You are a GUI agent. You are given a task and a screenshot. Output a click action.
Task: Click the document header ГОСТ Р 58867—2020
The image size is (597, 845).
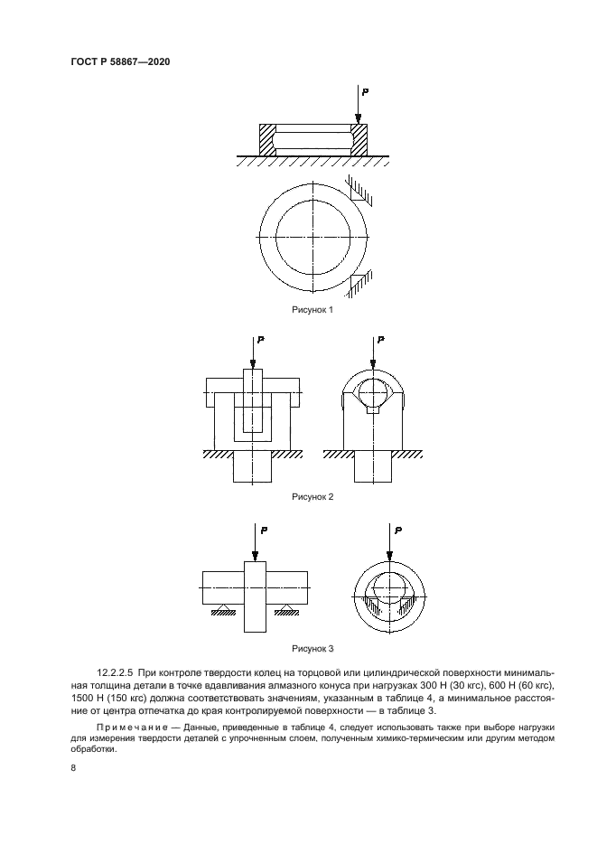[119, 61]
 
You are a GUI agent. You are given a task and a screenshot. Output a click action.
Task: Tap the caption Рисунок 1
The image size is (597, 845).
[312, 310]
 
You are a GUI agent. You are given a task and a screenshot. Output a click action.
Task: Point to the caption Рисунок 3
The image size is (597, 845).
[312, 648]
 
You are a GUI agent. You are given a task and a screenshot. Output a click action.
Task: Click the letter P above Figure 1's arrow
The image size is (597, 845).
[363, 92]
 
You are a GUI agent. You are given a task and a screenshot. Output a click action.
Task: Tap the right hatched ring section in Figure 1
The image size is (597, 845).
[359, 139]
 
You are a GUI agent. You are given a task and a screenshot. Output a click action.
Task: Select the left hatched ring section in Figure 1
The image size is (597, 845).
[266, 139]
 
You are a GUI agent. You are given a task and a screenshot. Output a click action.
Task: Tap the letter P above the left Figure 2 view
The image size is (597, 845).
[259, 341]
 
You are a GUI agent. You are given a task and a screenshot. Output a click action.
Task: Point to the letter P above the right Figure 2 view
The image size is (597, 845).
[380, 341]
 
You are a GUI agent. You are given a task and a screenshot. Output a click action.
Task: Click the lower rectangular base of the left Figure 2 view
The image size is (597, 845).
[252, 467]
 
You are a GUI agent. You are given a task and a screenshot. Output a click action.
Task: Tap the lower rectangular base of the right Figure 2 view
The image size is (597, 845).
[373, 467]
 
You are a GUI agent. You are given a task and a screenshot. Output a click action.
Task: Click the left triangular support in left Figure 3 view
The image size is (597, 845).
[219, 610]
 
